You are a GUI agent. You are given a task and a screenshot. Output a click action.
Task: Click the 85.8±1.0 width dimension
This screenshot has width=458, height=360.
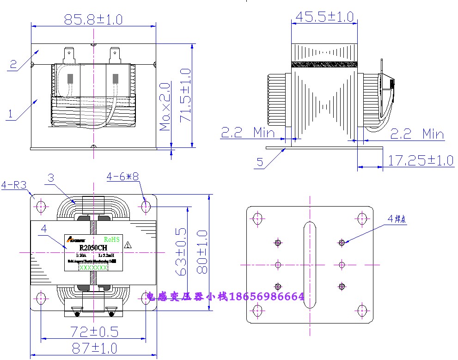(x=93, y=19)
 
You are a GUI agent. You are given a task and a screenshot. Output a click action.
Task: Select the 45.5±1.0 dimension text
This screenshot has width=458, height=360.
(x=324, y=17)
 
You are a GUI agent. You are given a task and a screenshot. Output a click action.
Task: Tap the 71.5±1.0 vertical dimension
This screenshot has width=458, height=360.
(x=185, y=95)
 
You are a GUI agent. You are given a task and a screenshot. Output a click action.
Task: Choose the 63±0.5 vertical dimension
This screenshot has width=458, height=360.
(x=182, y=251)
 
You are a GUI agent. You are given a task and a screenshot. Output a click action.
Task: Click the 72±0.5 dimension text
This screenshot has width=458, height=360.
(x=94, y=331)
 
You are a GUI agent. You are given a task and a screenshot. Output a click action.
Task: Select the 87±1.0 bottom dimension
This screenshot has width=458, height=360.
(x=93, y=348)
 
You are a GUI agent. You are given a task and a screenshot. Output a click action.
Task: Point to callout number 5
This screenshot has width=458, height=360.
(x=260, y=162)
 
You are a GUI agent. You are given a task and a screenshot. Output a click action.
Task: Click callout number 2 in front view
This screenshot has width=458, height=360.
(x=13, y=64)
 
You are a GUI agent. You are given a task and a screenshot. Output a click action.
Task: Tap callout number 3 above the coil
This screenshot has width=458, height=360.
(x=51, y=178)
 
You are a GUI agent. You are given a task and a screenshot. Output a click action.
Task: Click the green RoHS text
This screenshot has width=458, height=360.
(x=112, y=239)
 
